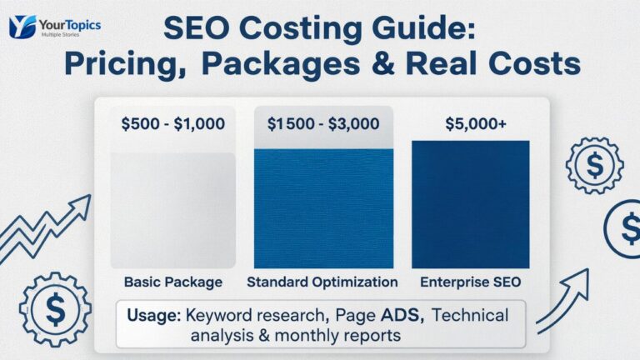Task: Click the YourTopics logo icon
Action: (22, 27)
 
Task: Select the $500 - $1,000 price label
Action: (172, 124)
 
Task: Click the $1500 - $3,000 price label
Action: (323, 124)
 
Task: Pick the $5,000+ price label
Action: (470, 124)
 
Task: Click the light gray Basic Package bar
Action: (172, 210)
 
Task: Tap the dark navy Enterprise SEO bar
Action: (470, 204)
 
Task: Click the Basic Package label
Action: (172, 282)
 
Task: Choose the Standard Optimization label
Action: (322, 282)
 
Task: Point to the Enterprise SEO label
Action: (470, 282)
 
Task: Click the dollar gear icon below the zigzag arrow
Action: (55, 308)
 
